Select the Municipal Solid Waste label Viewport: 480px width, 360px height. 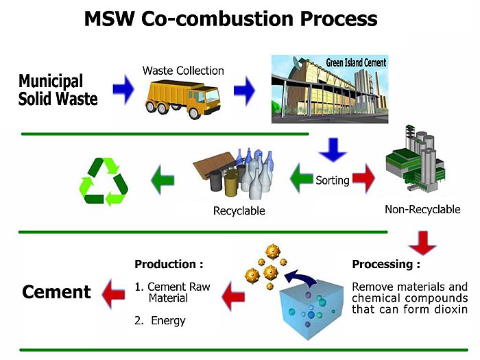coord(58,90)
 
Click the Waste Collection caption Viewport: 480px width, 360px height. coord(183,71)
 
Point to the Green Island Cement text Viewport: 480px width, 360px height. coord(351,63)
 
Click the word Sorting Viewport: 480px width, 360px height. coord(333,181)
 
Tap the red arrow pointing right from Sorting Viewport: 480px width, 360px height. coord(364,180)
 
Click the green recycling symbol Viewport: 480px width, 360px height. coord(105,181)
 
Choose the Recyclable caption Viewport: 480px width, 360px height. coord(239,211)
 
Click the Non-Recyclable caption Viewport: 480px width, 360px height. coord(421,209)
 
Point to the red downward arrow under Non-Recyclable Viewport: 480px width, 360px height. coord(422,241)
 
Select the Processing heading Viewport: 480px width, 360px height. coord(385,264)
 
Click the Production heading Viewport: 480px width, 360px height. coord(169,264)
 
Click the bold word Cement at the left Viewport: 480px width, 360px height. coord(56,292)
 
